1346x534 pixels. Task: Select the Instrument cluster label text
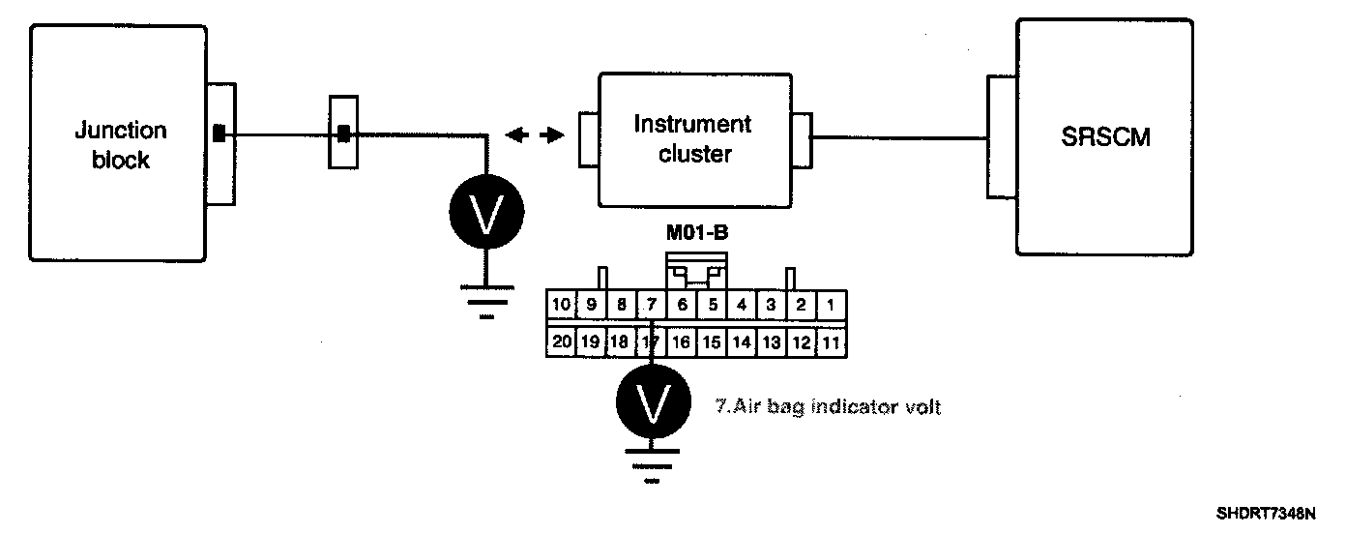pyautogui.click(x=692, y=138)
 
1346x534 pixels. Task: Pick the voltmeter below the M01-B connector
pyautogui.click(x=653, y=401)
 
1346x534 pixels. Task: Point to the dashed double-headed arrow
pyautogui.click(x=535, y=136)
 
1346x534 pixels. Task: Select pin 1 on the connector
pyautogui.click(x=831, y=305)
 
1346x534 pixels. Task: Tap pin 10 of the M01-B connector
pyautogui.click(x=561, y=305)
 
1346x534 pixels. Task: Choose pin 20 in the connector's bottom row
pyautogui.click(x=562, y=341)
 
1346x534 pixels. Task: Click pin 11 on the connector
pyautogui.click(x=831, y=341)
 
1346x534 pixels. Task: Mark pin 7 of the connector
pyautogui.click(x=651, y=305)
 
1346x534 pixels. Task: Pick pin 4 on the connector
pyautogui.click(x=741, y=305)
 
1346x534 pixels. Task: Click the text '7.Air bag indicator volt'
pyautogui.click(x=827, y=407)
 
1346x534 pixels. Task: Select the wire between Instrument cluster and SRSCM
pyautogui.click(x=899, y=137)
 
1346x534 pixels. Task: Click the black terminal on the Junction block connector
pyautogui.click(x=219, y=133)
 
